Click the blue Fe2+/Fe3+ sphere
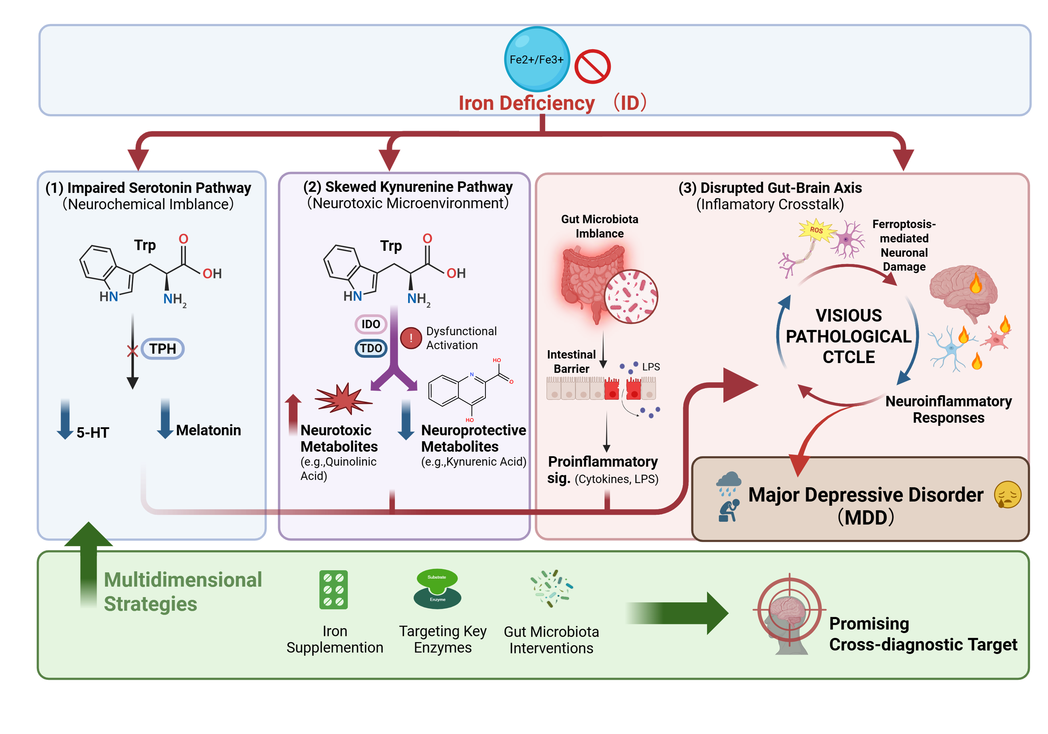point(537,59)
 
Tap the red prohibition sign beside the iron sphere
point(592,67)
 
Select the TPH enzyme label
point(163,349)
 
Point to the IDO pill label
point(371,324)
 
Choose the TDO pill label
point(371,348)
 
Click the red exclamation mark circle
point(411,338)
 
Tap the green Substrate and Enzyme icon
point(437,589)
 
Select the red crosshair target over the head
point(790,609)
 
